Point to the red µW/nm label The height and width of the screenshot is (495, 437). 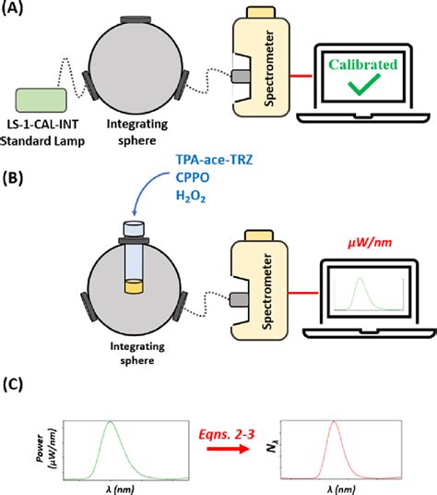pos(366,240)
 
